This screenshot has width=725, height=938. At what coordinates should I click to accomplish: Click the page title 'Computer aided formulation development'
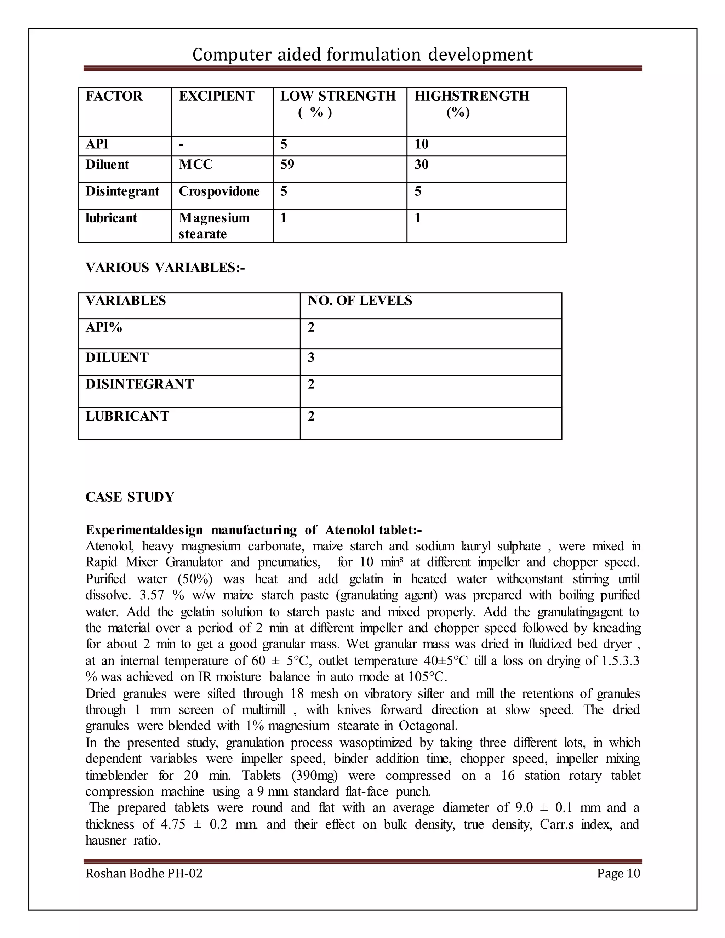tap(362, 55)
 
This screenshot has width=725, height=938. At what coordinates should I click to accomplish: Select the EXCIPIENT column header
tap(216, 96)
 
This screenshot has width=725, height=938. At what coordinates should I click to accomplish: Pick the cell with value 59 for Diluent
tap(287, 165)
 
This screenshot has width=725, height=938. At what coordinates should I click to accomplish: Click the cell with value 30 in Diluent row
tap(421, 165)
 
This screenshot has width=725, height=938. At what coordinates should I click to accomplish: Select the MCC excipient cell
tap(196, 165)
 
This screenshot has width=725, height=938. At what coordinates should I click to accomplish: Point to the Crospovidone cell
tap(219, 191)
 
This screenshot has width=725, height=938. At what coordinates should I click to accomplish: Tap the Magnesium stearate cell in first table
tap(214, 225)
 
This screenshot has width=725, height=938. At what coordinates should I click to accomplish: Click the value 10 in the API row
tap(421, 144)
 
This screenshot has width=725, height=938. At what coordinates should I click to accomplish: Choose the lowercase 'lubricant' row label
tap(111, 218)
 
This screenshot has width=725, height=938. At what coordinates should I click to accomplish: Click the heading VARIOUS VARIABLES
tap(165, 268)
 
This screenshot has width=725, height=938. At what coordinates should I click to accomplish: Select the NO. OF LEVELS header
tap(360, 301)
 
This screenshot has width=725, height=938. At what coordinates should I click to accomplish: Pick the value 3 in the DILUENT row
tap(311, 358)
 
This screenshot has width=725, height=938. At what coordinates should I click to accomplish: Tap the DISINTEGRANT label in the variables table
tap(139, 384)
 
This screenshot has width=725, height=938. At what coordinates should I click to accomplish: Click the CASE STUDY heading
tap(130, 497)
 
